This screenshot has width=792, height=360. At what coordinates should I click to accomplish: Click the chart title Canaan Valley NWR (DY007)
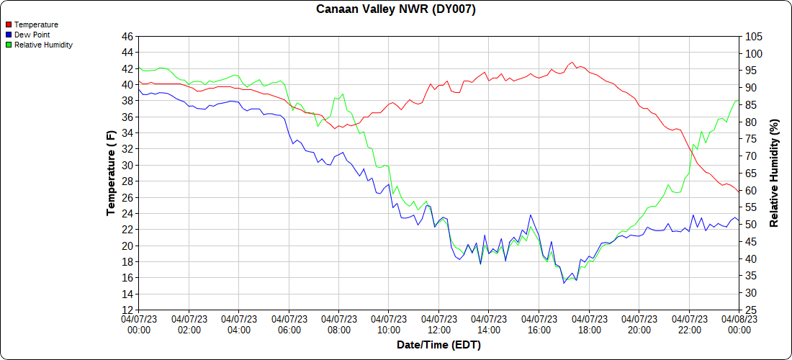396,9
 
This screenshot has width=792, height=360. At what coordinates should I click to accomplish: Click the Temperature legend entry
36,24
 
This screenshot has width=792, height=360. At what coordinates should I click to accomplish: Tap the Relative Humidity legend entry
43,45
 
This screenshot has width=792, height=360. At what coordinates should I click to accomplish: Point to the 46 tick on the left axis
127,36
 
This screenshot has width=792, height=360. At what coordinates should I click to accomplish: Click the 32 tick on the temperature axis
127,149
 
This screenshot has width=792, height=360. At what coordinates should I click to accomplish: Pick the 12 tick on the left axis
127,310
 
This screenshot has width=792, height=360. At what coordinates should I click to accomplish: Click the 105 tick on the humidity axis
753,37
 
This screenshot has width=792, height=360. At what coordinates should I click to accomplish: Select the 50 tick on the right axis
750,225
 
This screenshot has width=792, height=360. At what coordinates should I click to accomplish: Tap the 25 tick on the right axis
750,310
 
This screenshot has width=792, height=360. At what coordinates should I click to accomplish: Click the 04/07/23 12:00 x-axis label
439,325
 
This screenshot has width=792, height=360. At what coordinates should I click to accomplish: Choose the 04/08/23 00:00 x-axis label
739,325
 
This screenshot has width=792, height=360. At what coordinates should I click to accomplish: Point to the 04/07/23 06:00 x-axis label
289,325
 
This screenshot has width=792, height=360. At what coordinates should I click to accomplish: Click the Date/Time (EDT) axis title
438,345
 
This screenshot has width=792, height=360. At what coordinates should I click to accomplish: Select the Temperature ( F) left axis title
111,173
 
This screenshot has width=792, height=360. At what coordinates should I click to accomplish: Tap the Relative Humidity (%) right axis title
774,173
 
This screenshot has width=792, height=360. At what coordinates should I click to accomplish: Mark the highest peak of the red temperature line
572,63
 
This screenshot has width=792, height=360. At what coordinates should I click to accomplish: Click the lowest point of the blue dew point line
564,283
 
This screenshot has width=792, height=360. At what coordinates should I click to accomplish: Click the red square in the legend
8,24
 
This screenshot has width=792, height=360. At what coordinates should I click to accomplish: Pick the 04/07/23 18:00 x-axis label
589,325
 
